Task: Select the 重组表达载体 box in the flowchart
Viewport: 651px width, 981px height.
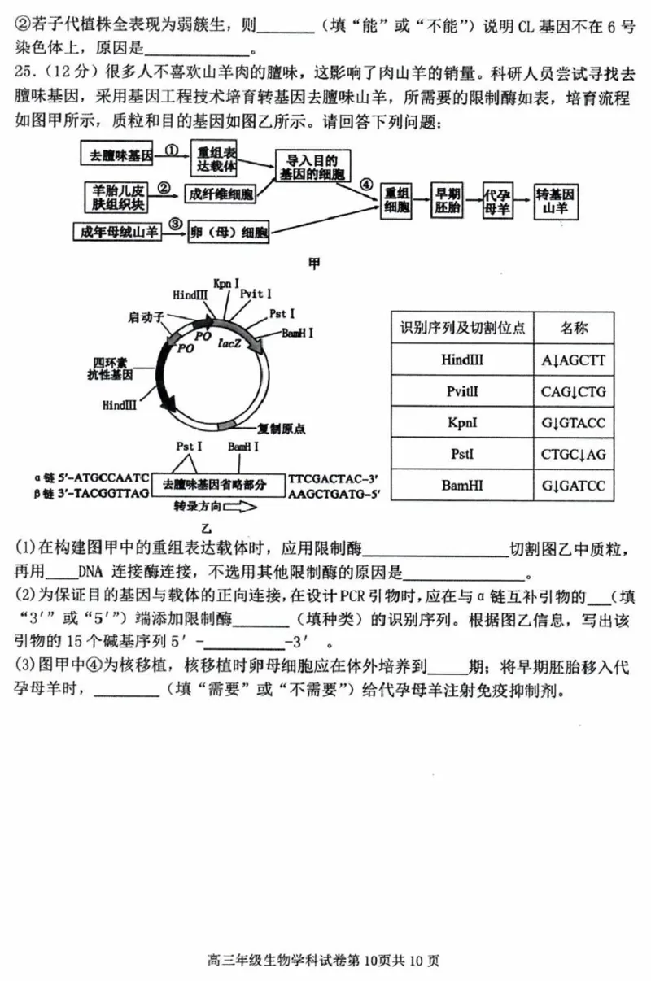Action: click(216, 159)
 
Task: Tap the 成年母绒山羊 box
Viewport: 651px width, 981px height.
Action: click(117, 232)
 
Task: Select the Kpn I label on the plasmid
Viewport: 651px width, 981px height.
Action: click(226, 283)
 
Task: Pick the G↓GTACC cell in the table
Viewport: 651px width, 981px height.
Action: click(574, 423)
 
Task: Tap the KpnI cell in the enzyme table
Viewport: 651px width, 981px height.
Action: click(462, 423)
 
